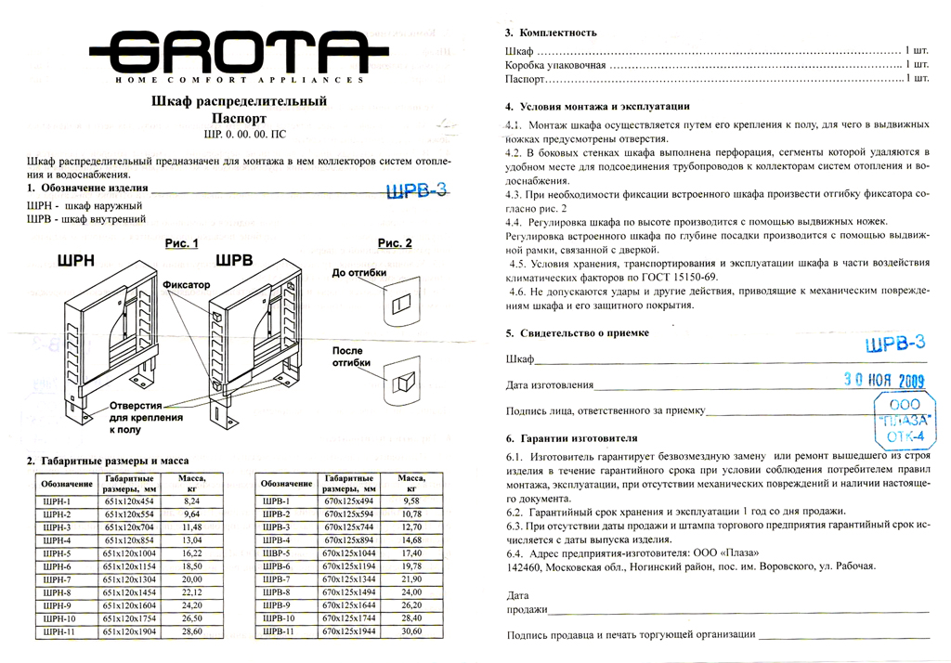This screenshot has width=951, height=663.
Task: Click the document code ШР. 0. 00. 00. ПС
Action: (x=239, y=135)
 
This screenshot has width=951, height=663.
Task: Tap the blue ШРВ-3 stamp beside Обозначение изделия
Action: (x=416, y=190)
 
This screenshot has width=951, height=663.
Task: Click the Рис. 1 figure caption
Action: (x=182, y=244)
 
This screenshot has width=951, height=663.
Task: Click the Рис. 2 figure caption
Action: (x=395, y=244)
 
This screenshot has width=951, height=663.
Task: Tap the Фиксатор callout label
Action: (x=186, y=283)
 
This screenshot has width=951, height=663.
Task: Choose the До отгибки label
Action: (x=356, y=273)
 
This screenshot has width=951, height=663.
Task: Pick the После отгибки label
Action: (x=352, y=357)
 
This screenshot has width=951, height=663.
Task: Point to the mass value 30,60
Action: (x=410, y=631)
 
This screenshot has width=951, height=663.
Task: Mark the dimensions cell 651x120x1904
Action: (x=128, y=631)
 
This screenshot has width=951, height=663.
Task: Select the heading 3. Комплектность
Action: (x=551, y=32)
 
